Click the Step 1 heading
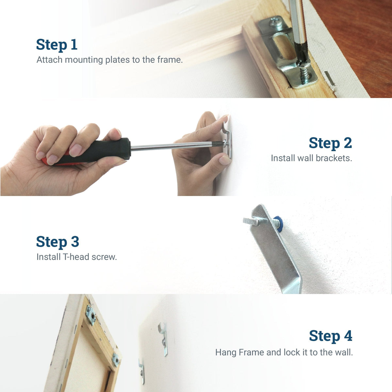(x=57, y=45)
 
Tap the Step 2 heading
(x=330, y=143)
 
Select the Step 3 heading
(x=57, y=242)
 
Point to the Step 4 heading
(x=330, y=336)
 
